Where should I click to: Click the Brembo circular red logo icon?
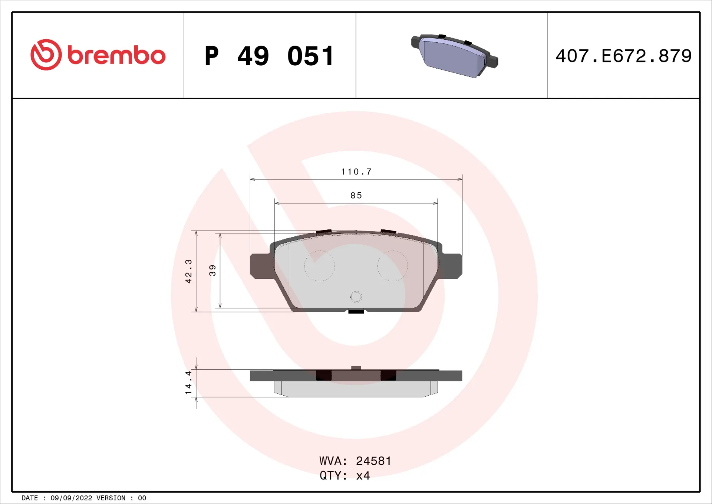click(46, 55)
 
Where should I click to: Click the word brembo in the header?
click(116, 56)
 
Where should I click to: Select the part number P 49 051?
click(270, 56)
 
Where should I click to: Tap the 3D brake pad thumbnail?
click(454, 56)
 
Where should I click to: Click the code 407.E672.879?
click(623, 56)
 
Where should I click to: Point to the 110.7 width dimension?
click(356, 172)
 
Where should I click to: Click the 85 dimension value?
click(356, 196)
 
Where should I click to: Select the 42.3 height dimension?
click(188, 271)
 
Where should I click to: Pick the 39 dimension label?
click(212, 270)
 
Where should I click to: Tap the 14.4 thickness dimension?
click(188, 382)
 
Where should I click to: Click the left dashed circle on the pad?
click(319, 266)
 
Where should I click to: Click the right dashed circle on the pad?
click(392, 266)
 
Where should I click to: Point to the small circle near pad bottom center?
click(356, 297)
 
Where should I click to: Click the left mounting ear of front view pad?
click(261, 266)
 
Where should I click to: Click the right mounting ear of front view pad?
click(451, 266)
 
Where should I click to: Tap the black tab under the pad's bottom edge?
click(356, 312)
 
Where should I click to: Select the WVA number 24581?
click(373, 461)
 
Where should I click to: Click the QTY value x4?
click(363, 476)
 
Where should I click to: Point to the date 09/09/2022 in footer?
click(71, 498)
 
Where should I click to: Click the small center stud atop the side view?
click(356, 368)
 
